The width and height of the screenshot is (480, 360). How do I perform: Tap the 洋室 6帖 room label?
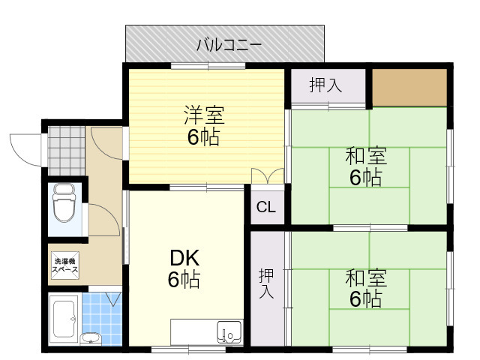(x=204, y=126)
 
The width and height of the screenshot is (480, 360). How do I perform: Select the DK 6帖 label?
(x=183, y=268)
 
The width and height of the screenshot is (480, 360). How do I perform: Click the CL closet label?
(x=266, y=208)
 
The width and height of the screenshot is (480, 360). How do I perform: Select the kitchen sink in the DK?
(x=229, y=330)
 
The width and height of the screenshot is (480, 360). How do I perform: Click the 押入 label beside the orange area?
(x=325, y=85)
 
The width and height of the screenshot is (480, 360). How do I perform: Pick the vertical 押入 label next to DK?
(x=266, y=283)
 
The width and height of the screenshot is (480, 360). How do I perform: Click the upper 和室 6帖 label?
(x=365, y=167)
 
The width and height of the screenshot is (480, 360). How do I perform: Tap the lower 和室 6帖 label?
(x=365, y=288)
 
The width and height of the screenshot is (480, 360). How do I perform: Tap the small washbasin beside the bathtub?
(x=90, y=337)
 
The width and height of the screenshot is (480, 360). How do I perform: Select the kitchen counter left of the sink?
(x=193, y=330)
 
